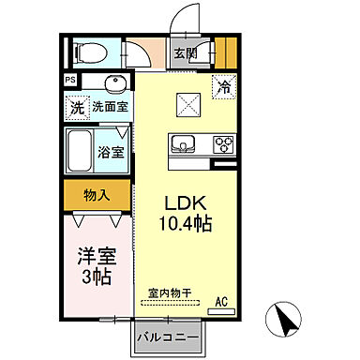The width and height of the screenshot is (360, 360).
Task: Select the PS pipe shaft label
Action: pos(70,81)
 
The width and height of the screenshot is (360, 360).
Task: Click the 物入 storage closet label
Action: pos(97,196)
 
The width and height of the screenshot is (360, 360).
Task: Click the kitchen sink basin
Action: pos(183,144)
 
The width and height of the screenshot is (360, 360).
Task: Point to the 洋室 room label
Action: pos(96,255)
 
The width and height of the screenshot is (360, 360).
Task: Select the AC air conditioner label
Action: pos(222,301)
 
